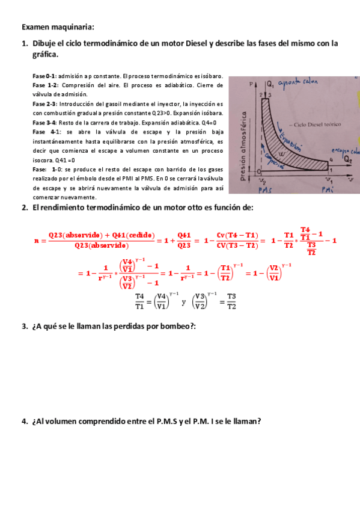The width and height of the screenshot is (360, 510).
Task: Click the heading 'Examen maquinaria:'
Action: [58, 27]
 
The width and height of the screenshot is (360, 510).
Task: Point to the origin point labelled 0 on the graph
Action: [258, 170]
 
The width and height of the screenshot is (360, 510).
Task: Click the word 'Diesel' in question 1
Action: [194, 43]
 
